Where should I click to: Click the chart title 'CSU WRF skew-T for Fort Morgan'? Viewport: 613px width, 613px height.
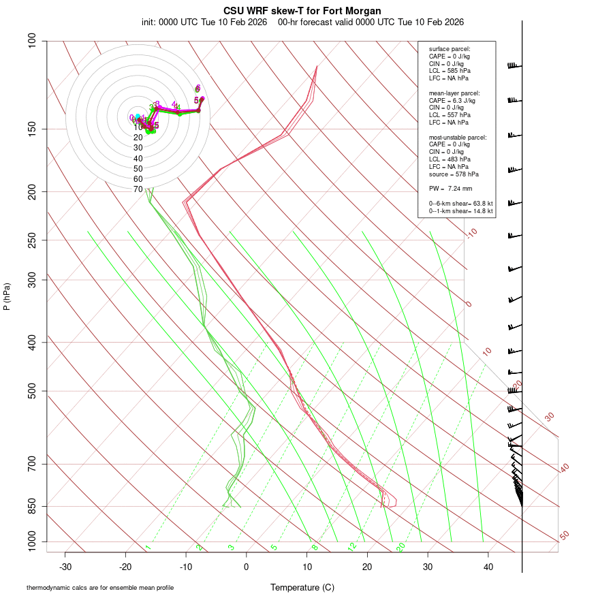(x=302, y=11)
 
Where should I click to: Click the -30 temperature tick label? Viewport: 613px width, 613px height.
(x=65, y=567)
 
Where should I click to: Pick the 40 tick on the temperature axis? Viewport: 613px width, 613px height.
(x=488, y=567)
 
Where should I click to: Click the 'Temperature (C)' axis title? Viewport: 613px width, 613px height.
(x=302, y=587)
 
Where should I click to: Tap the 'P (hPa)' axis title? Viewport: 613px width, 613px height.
(x=7, y=296)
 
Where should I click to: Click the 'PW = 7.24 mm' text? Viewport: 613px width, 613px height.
(x=450, y=188)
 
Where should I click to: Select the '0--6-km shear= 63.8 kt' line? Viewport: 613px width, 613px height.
(x=460, y=204)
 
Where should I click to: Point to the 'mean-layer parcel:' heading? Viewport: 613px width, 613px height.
(x=454, y=93)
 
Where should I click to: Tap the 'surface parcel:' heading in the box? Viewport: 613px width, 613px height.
(x=450, y=49)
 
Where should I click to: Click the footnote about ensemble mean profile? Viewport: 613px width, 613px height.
(x=100, y=587)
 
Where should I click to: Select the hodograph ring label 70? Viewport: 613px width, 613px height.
(x=138, y=189)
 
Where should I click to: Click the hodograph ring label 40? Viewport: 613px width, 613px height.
(x=138, y=158)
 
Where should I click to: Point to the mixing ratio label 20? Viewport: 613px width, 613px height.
(x=401, y=547)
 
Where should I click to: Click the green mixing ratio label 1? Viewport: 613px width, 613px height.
(x=148, y=548)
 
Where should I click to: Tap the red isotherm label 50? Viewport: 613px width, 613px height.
(x=565, y=536)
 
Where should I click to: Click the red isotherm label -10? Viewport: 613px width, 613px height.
(x=471, y=233)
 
